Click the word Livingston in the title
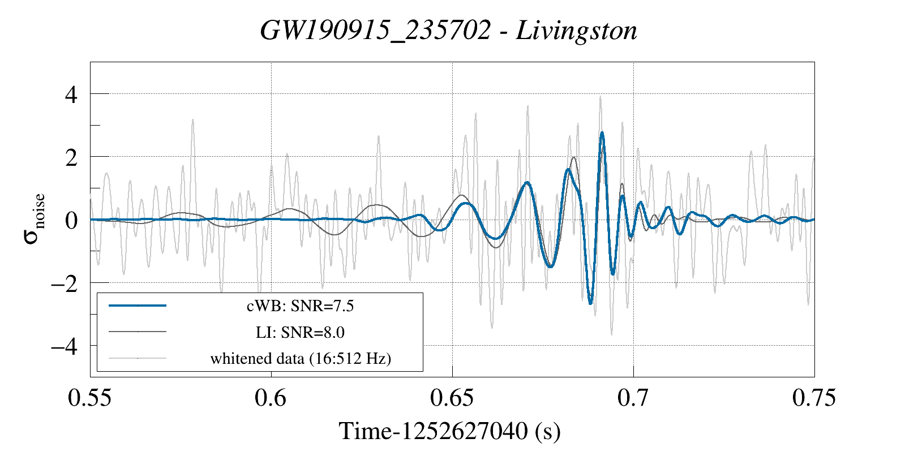pyautogui.click(x=576, y=31)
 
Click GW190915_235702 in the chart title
pyautogui.click(x=375, y=31)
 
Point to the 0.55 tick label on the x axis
pyautogui.click(x=89, y=398)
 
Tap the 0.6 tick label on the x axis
pyautogui.click(x=271, y=398)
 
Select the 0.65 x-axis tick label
pyautogui.click(x=452, y=398)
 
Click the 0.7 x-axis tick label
pyautogui.click(x=633, y=398)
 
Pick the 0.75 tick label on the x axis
pyautogui.click(x=814, y=398)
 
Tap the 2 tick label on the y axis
pyautogui.click(x=71, y=157)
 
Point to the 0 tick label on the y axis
pyautogui.click(x=71, y=220)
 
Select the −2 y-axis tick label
pyautogui.click(x=63, y=283)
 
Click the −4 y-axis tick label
pyautogui.click(x=63, y=346)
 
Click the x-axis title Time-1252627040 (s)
pyautogui.click(x=450, y=431)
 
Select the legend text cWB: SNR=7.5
pyautogui.click(x=300, y=306)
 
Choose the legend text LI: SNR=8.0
pyautogui.click(x=300, y=332)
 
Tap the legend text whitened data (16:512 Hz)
pyautogui.click(x=301, y=359)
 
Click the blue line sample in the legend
pyautogui.click(x=138, y=306)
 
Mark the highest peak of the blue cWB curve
pyautogui.click(x=602, y=132)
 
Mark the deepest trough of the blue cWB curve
pyautogui.click(x=590, y=303)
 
